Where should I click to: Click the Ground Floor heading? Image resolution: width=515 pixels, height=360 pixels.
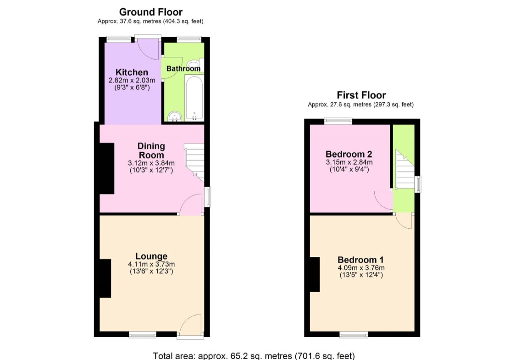(x=150, y=12)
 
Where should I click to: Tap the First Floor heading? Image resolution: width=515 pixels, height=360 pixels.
(x=361, y=95)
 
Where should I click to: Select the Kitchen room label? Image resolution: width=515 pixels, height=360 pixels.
(x=132, y=72)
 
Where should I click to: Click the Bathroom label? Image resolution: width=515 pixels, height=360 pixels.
(x=183, y=69)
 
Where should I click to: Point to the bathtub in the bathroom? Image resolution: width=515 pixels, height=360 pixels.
(x=194, y=98)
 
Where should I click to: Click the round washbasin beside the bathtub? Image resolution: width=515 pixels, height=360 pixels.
(x=175, y=116)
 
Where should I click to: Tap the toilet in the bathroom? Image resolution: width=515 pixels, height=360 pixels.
(x=196, y=65)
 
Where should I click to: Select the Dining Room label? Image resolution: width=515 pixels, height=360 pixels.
(x=151, y=150)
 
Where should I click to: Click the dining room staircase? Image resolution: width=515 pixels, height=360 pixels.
(x=194, y=161)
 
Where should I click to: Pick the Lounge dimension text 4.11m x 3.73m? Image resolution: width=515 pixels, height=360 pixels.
(x=151, y=264)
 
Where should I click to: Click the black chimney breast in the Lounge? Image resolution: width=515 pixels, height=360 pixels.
(x=105, y=278)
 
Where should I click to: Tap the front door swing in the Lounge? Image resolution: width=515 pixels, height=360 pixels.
(x=190, y=325)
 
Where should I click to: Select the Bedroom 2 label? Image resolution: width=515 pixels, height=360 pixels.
(x=349, y=154)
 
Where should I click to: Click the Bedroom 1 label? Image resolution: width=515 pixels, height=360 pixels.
(x=360, y=260)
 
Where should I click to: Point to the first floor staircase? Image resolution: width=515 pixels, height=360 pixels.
(x=404, y=170)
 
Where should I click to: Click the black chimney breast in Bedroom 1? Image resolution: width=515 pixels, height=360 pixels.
(x=315, y=274)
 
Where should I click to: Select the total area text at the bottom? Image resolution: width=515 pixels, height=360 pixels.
(x=254, y=356)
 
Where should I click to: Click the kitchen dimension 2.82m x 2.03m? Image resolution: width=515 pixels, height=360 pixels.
(x=132, y=80)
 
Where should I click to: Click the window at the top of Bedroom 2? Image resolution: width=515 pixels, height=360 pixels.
(x=338, y=121)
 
